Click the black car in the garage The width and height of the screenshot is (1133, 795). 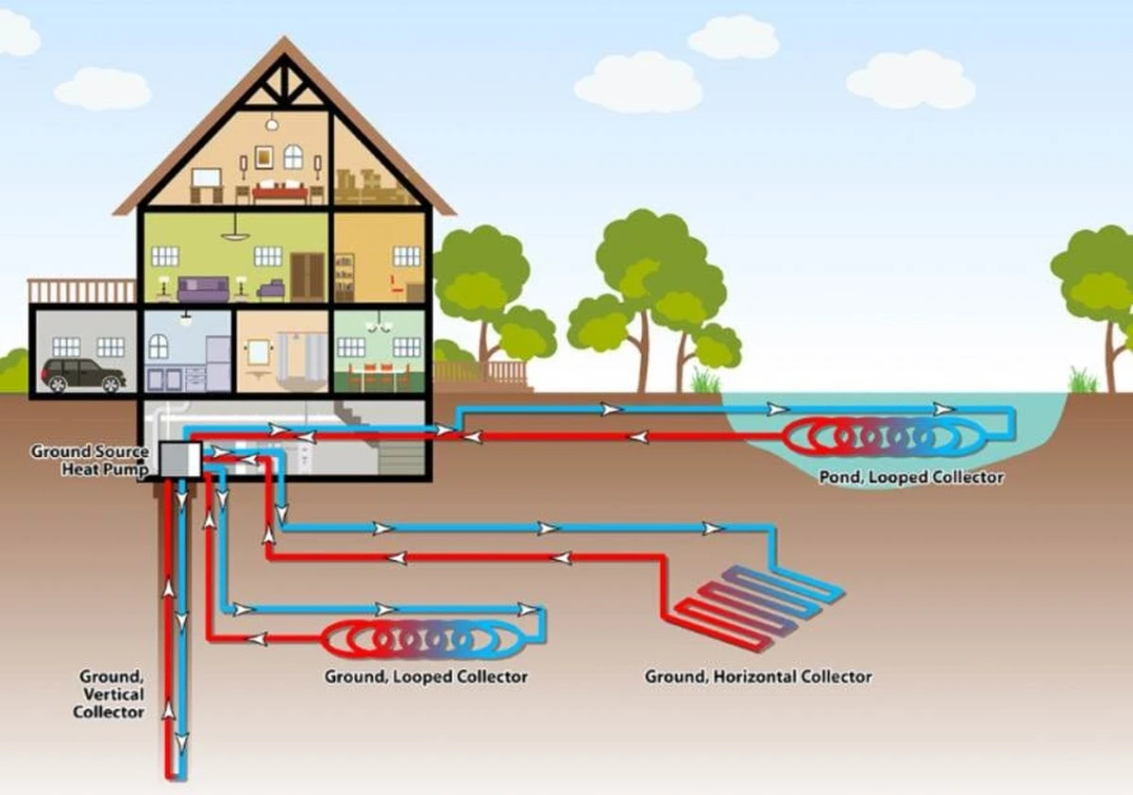[83, 375]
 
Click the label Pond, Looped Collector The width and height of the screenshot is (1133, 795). [911, 478]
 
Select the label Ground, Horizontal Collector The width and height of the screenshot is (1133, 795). [758, 677]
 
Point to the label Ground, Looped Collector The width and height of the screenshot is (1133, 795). [426, 677]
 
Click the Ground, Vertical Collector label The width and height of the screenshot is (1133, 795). [111, 694]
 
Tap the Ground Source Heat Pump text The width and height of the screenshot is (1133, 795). [90, 460]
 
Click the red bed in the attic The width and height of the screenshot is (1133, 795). [279, 192]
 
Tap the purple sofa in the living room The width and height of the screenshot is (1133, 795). [204, 288]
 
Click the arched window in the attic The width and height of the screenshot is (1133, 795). [294, 157]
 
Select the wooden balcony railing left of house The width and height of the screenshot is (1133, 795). [82, 290]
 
